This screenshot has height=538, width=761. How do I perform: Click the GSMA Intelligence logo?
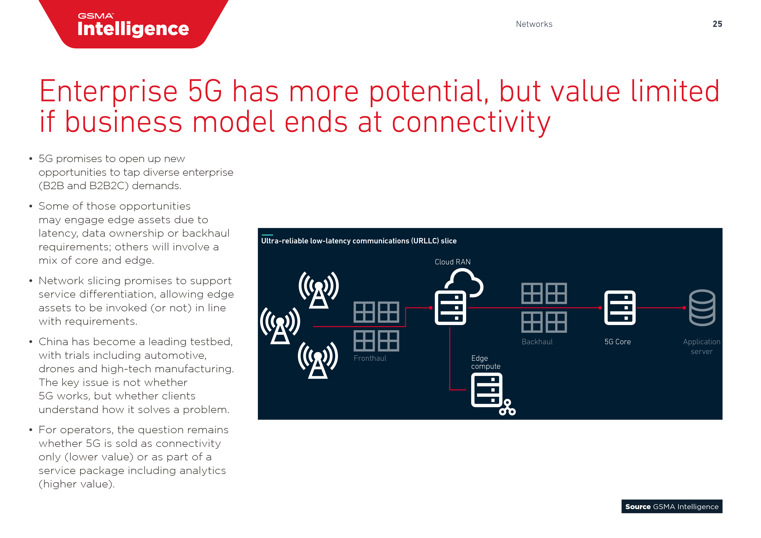(133, 26)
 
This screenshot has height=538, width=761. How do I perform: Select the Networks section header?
(534, 24)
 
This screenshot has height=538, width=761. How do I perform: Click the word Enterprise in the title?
(108, 92)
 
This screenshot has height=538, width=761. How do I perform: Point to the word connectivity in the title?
(471, 122)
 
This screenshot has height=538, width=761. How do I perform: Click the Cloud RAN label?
(453, 262)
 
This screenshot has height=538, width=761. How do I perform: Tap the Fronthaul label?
(370, 358)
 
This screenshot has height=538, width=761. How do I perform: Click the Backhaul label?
(537, 342)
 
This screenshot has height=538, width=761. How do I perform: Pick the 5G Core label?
(617, 342)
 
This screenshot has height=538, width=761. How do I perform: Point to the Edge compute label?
(485, 362)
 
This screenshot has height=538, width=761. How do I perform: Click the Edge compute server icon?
(487, 390)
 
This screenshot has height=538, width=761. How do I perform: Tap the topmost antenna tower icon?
(318, 290)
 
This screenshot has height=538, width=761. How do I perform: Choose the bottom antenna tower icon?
(318, 360)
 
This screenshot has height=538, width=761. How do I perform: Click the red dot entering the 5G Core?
(600, 308)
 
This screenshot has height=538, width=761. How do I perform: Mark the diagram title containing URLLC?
(359, 241)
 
